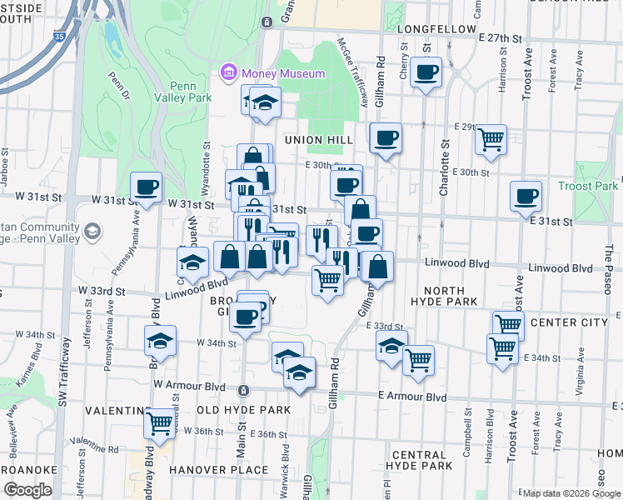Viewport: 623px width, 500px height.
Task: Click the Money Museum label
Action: pyautogui.click(x=282, y=74)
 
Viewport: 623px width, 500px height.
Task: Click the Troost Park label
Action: pyautogui.click(x=588, y=186)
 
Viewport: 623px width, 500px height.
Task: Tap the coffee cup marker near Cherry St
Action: pyautogui.click(x=426, y=73)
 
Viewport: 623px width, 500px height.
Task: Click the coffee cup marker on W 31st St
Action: pyautogui.click(x=146, y=187)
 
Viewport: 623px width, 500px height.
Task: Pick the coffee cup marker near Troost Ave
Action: pyautogui.click(x=526, y=197)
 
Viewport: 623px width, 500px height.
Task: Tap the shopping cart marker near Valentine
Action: pyautogui.click(x=158, y=422)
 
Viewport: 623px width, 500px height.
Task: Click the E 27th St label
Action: pyautogui.click(x=500, y=38)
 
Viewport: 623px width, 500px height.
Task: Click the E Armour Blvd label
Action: pyautogui.click(x=407, y=396)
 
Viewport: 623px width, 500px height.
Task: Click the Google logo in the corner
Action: pyautogui.click(x=27, y=490)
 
